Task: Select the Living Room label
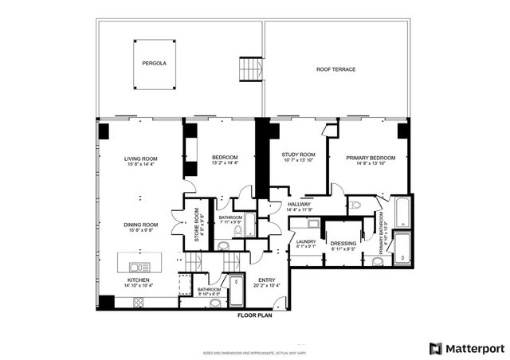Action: click(140, 159)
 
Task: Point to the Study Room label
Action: click(299, 155)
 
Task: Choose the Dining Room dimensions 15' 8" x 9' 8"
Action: click(140, 232)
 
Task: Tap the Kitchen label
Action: click(139, 281)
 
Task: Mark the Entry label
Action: click(267, 280)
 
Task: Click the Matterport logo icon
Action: click(434, 347)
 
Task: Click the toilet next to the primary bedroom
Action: click(356, 205)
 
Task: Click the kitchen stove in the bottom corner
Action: click(139, 303)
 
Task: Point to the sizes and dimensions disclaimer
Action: click(254, 351)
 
